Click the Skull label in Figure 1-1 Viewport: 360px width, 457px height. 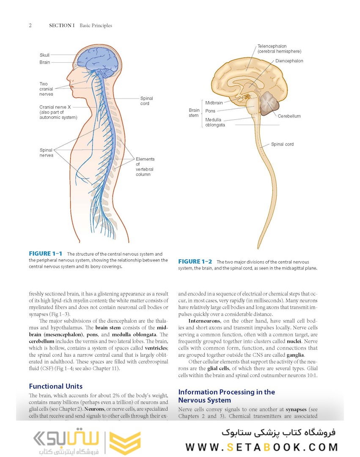[44, 55]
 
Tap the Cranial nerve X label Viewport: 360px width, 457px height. [58, 112]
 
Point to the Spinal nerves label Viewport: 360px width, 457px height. [47, 153]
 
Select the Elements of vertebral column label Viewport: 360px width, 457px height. [145, 167]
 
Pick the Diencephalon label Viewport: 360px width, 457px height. [289, 61]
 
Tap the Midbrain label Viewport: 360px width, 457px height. [214, 103]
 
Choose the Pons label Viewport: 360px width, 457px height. [210, 111]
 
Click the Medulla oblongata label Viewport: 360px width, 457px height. [215, 122]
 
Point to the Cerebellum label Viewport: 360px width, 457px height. [289, 116]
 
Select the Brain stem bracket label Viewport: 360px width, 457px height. [193, 113]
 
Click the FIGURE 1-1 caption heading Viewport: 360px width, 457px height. [46, 254]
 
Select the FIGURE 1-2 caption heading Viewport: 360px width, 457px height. [195, 262]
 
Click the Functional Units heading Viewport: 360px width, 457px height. [55, 386]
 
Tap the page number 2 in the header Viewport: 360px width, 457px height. [30, 25]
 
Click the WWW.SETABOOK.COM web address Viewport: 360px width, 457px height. [261, 447]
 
